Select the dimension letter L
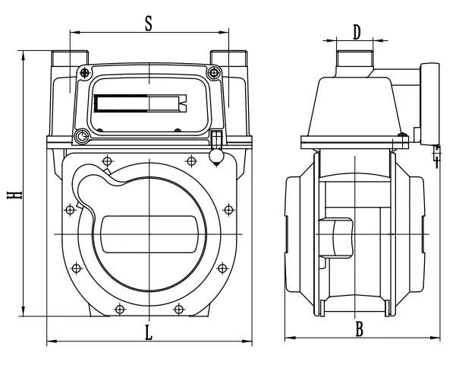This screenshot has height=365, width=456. (149, 332)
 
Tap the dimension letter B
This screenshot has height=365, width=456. (360, 329)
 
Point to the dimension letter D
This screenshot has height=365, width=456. (357, 31)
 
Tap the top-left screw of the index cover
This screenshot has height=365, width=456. (83, 72)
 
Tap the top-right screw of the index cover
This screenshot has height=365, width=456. (215, 73)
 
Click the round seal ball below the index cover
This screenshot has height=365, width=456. (216, 156)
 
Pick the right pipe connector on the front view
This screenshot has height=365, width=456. (228, 61)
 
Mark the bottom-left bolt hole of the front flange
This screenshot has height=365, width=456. (120, 308)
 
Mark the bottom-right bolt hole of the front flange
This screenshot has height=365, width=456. (179, 308)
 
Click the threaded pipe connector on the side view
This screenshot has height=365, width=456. (352, 59)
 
